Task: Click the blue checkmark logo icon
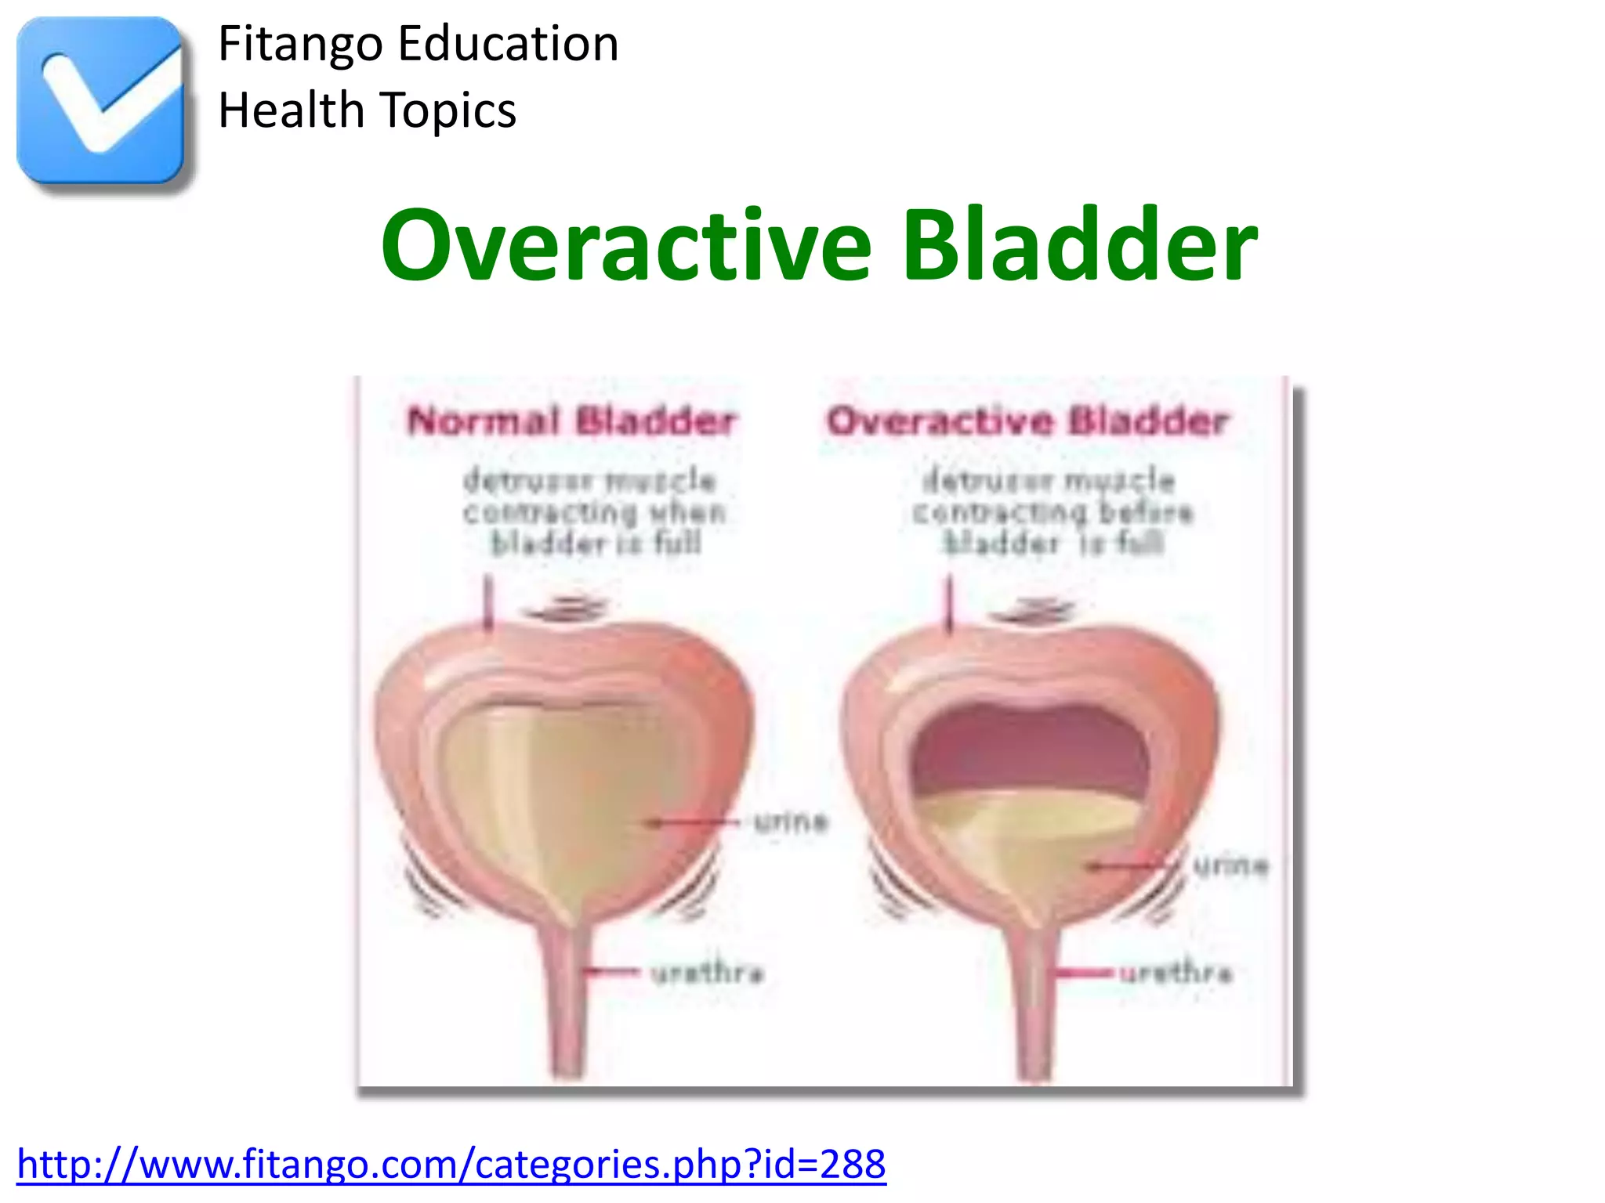click(x=100, y=100)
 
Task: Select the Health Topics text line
click(x=367, y=110)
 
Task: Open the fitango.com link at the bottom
click(x=451, y=1165)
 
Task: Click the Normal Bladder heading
click(x=571, y=421)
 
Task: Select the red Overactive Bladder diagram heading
click(x=1027, y=421)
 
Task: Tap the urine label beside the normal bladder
click(x=790, y=822)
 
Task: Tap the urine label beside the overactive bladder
click(x=1230, y=865)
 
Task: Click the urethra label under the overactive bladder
click(x=1176, y=973)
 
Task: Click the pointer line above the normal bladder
click(x=487, y=603)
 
